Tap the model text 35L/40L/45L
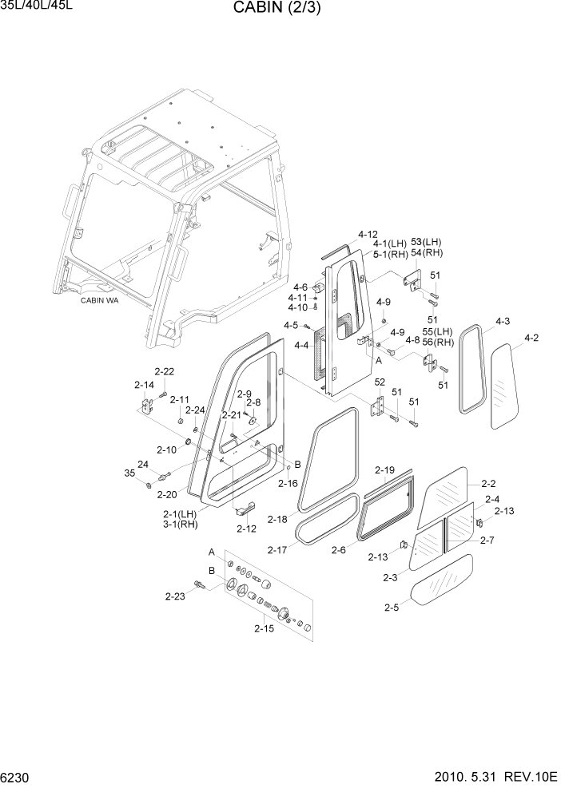pos(37,7)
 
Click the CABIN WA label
pos(99,300)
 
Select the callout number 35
pos(130,474)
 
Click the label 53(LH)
pos(426,242)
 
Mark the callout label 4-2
pos(531,338)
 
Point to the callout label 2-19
pos(384,469)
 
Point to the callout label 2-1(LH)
pos(180,513)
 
